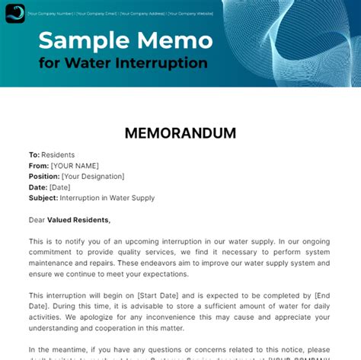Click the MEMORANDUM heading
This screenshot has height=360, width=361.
click(180, 133)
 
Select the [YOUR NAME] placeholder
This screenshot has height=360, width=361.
click(75, 165)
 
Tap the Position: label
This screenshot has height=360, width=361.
click(44, 176)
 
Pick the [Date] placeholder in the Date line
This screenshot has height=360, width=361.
click(59, 187)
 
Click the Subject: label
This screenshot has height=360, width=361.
click(43, 198)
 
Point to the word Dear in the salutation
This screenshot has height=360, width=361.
click(37, 220)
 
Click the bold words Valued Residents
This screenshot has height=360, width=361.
click(78, 220)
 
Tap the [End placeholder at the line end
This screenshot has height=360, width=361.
click(321, 295)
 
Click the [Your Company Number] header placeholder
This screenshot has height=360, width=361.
click(51, 13)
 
